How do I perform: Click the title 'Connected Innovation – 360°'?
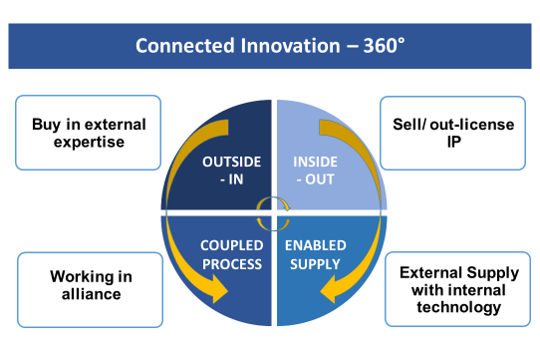tap(270, 47)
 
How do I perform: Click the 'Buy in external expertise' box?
tap(88, 134)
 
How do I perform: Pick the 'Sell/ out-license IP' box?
tap(454, 134)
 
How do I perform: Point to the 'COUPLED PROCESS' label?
tap(231, 255)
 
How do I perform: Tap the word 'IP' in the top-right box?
tap(454, 143)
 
